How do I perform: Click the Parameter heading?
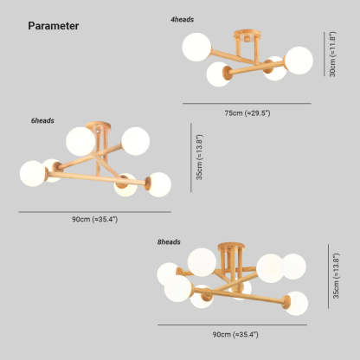[x=54, y=26]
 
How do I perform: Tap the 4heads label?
[x=182, y=20]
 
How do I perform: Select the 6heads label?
[x=42, y=120]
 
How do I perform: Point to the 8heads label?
[x=169, y=241]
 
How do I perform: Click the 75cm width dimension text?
[x=247, y=113]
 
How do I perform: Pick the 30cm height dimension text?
[x=332, y=54]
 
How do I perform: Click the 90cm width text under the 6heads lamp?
[x=95, y=219]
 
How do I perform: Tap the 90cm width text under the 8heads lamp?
[x=235, y=335]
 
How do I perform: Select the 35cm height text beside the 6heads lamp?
[x=199, y=157]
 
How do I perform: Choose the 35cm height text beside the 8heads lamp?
[x=336, y=275]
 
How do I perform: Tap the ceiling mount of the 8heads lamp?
[x=231, y=247]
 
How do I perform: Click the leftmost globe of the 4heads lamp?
[x=196, y=47]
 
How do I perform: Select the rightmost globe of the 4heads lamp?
[x=299, y=61]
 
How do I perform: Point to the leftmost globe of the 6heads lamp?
[x=33, y=174]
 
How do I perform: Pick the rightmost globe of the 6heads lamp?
[x=158, y=184]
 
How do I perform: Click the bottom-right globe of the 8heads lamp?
[x=296, y=304]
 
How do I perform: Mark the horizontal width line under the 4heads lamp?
[x=247, y=103]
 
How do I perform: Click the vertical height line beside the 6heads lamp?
[x=191, y=157]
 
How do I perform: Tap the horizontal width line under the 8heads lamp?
[x=232, y=325]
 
